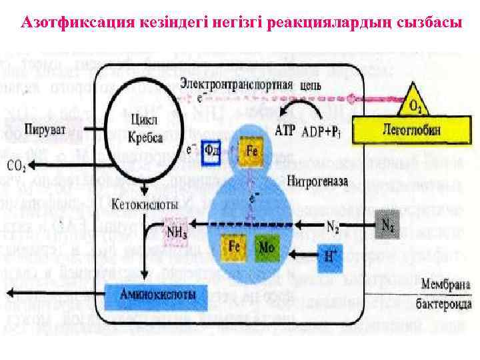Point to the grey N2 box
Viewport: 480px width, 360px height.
tap(387, 224)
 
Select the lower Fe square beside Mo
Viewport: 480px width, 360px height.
tap(235, 245)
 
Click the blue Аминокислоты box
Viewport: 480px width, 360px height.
tap(158, 293)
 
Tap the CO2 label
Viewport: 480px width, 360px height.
tap(18, 165)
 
